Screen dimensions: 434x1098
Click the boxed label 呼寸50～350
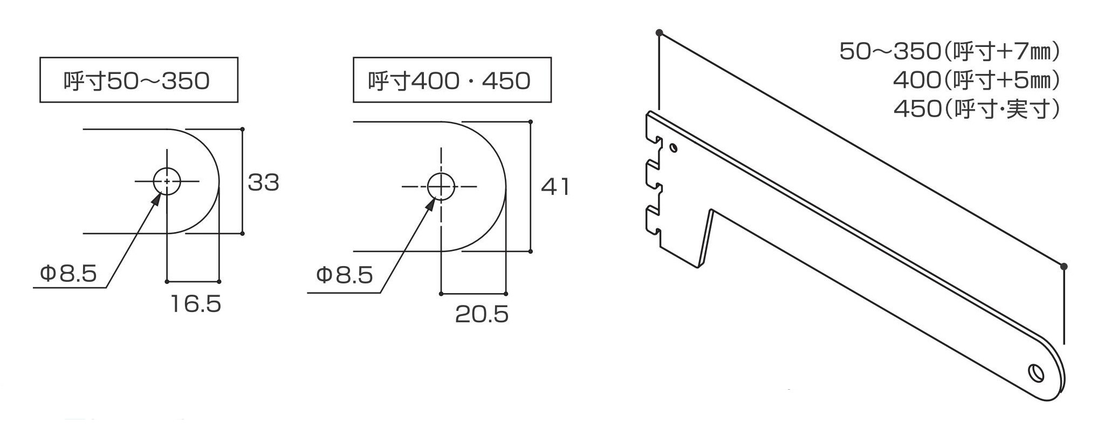coord(139,80)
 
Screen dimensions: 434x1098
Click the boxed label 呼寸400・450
coord(451,80)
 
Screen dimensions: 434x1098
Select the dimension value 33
coord(264,182)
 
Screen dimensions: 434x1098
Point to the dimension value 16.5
coord(196,304)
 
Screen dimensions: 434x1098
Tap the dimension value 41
coord(555,187)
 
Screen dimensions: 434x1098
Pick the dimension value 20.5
coord(482,314)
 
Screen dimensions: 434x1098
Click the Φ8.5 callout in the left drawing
coord(68,274)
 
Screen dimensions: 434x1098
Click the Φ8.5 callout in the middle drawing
coord(345,275)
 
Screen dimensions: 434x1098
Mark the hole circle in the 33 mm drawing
coord(167,181)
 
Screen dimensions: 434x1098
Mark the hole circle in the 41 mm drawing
coord(441,187)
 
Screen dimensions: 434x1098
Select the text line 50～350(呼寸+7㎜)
coord(950,51)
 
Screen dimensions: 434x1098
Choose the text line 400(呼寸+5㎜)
coord(976,80)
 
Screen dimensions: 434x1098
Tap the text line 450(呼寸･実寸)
coord(977,109)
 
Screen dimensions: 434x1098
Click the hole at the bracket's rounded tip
coord(1035,373)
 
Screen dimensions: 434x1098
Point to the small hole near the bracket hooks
coord(673,147)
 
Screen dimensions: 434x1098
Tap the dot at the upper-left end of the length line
coord(659,33)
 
